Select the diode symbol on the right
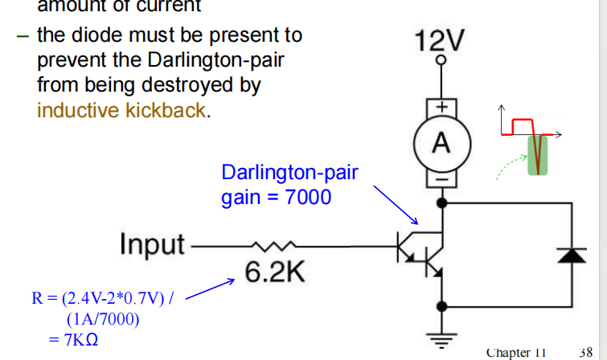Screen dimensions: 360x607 572,255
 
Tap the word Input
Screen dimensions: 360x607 152,243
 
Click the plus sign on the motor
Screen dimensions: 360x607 441,107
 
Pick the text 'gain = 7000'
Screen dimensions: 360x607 276,197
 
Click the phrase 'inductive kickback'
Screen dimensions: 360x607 121,110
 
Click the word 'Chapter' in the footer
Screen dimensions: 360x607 510,352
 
